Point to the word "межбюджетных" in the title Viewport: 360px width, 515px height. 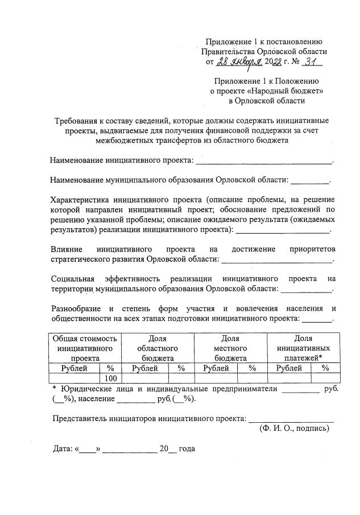[123, 141]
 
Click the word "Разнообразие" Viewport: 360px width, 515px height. [77, 308]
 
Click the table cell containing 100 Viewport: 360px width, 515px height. [111, 378]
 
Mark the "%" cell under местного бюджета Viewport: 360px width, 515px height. [253, 368]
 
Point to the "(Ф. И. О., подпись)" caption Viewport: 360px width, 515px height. [293, 429]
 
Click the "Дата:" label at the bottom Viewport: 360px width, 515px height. [62, 448]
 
